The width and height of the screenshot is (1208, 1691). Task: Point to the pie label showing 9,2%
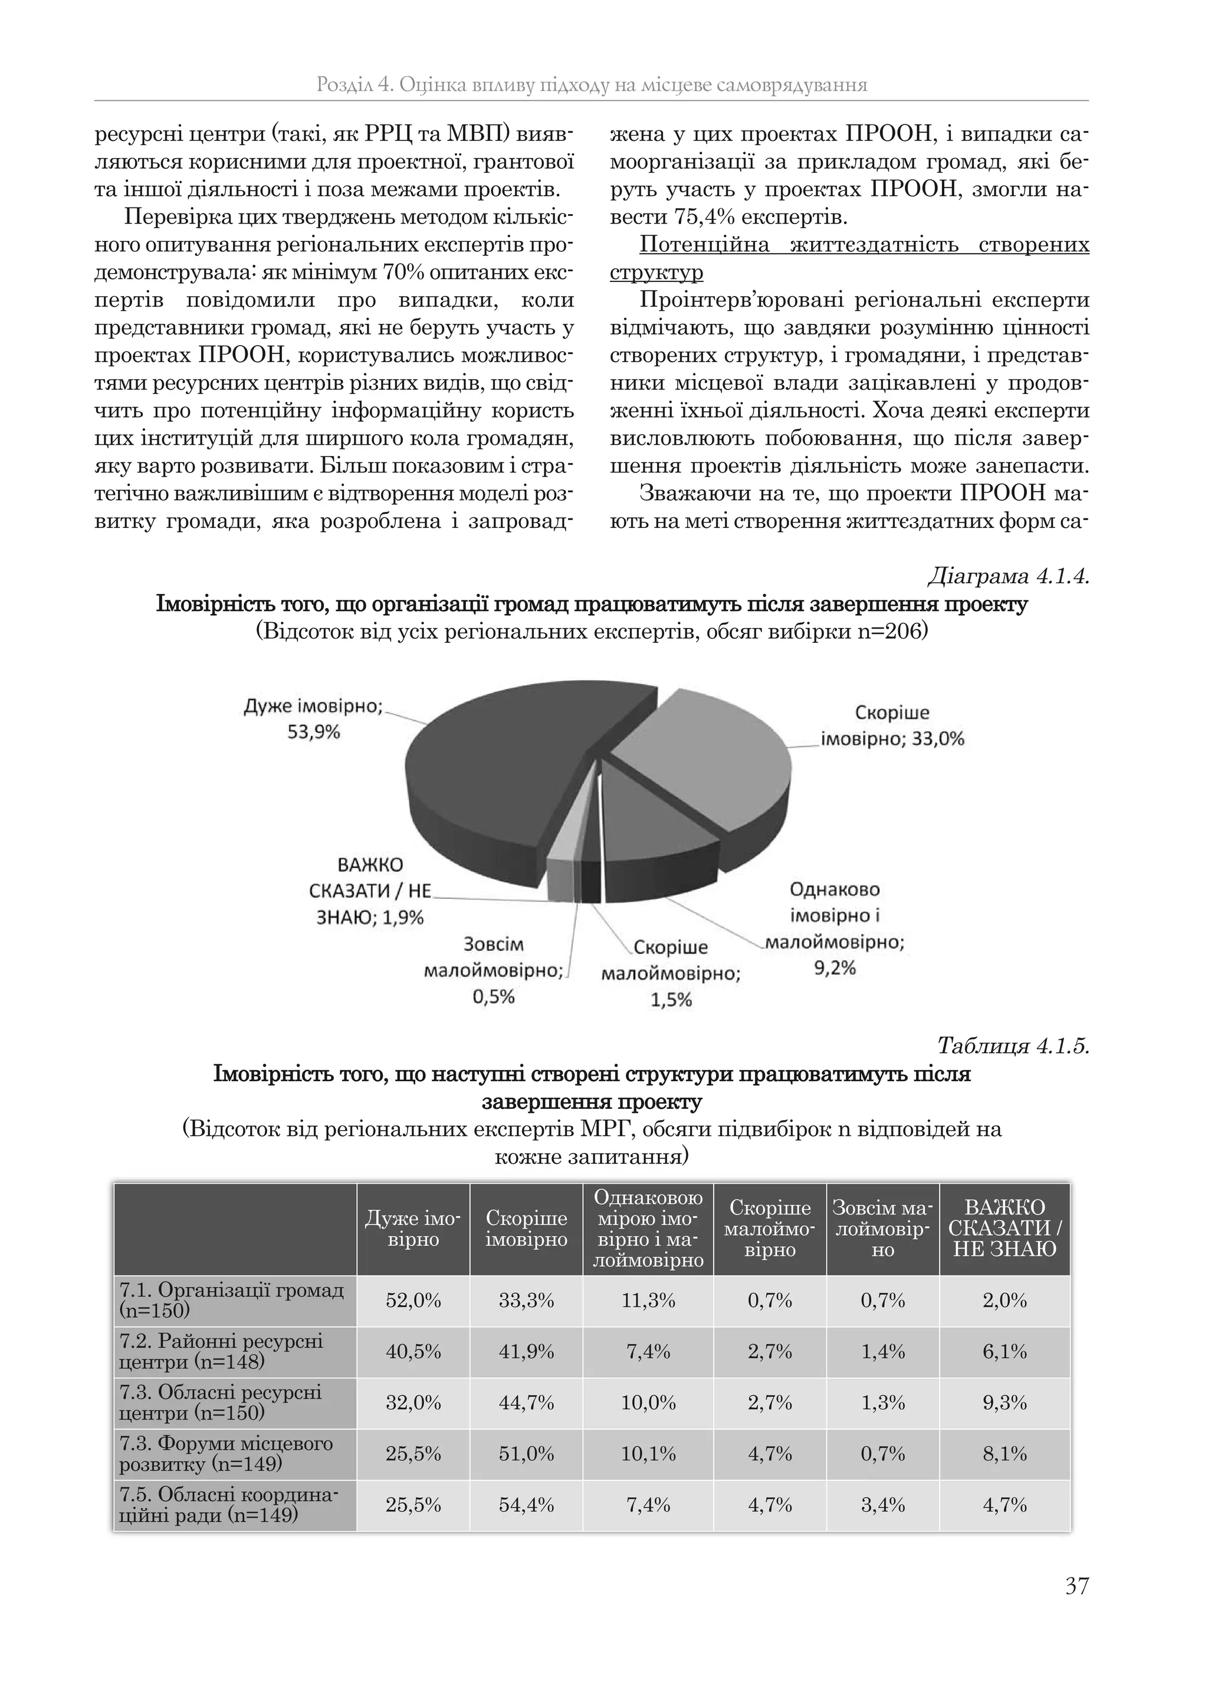click(x=835, y=968)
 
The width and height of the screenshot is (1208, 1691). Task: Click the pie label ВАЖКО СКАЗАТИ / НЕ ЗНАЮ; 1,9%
click(x=370, y=891)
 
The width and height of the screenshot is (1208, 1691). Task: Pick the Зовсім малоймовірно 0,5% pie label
click(x=493, y=970)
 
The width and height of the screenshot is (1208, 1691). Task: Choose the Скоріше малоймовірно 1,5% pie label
click(x=671, y=974)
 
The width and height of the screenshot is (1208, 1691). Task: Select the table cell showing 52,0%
click(x=413, y=1301)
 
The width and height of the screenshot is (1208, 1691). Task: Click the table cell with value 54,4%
click(x=526, y=1505)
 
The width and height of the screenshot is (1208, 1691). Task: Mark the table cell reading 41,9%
click(x=526, y=1351)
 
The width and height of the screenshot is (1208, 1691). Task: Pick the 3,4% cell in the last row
click(x=882, y=1505)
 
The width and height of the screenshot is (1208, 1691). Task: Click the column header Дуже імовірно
click(x=413, y=1229)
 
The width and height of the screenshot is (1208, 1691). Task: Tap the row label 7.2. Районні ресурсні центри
click(x=222, y=1351)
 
